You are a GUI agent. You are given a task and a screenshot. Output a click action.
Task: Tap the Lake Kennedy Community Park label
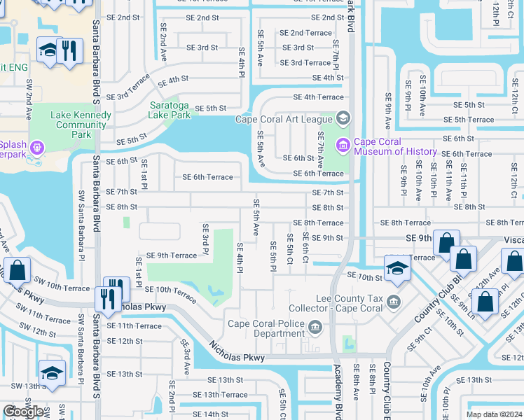[81, 125]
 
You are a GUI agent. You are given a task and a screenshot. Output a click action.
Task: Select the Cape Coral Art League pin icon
[343, 118]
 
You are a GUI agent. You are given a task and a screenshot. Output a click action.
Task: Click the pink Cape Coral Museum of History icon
[343, 146]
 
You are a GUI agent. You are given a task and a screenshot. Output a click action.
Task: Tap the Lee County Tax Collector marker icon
[394, 302]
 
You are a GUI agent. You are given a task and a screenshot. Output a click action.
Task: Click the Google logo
[24, 412]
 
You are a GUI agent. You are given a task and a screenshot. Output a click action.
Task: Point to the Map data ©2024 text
[494, 414]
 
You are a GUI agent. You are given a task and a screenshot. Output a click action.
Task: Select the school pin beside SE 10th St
[397, 268]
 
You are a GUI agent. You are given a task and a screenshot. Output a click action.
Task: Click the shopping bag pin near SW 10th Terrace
[17, 269]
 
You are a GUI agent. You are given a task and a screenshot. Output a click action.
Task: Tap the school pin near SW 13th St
[52, 372]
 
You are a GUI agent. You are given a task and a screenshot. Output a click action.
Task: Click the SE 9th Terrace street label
[172, 255]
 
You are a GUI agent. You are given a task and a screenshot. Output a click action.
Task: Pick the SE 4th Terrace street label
[318, 97]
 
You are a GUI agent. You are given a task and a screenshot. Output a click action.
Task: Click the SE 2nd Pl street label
[172, 405]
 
